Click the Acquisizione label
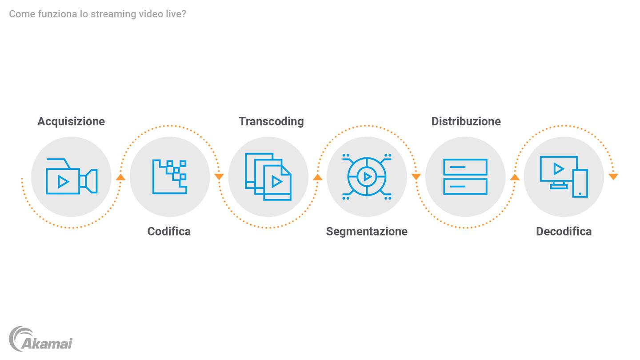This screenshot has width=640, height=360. point(71,122)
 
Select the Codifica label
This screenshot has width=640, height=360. point(169,232)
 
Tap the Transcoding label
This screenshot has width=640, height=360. point(271,122)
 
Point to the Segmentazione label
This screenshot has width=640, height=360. point(367,232)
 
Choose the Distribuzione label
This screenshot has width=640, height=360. point(466,121)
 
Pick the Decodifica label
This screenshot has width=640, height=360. point(564,232)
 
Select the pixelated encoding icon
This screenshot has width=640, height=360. point(170,176)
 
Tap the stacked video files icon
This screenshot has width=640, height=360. point(268,176)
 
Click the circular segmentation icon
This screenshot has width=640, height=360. point(367,176)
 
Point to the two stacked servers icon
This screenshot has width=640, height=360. point(465,177)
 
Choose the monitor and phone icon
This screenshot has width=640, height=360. point(564,176)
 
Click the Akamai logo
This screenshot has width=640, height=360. point(40,339)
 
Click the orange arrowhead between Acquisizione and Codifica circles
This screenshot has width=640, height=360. point(120,177)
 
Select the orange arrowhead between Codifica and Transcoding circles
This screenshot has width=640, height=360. point(219,177)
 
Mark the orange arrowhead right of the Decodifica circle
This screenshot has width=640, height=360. point(613,177)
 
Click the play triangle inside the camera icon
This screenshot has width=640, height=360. point(63,182)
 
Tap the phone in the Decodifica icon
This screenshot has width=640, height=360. point(580,184)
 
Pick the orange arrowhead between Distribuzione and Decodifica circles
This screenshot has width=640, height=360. point(515,177)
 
